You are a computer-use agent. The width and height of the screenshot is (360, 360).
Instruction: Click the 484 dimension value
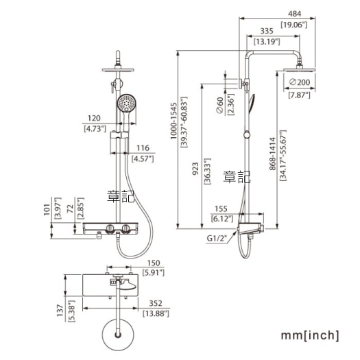[294, 14]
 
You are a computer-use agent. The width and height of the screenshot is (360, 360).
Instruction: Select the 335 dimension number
[267, 31]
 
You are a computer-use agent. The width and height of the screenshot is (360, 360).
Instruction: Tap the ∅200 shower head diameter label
[300, 82]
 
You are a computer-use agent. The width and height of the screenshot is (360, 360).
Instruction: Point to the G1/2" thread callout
[217, 238]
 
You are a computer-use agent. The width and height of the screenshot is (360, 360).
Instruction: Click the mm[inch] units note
[310, 335]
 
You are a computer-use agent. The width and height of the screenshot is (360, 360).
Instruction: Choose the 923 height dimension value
[195, 169]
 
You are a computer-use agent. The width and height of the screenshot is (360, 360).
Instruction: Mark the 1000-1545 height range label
[173, 121]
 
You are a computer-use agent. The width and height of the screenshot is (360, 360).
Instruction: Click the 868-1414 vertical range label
[272, 154]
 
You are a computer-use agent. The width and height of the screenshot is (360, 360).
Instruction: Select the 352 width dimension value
[156, 303]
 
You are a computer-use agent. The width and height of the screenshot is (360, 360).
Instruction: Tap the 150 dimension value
[154, 263]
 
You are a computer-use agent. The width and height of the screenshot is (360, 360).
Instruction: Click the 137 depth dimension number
[60, 311]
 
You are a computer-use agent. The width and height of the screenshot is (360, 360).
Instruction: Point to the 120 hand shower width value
[94, 118]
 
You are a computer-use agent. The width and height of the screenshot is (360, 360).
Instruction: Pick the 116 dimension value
[143, 148]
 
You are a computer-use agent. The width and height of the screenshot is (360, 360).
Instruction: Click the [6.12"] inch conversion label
[221, 219]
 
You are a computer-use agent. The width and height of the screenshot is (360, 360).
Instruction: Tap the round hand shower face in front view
[127, 103]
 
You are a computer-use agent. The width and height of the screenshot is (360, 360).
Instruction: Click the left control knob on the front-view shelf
[110, 228]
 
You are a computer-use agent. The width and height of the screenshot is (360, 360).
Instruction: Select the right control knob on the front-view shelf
[125, 228]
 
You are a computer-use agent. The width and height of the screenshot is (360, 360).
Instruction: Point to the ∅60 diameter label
[219, 105]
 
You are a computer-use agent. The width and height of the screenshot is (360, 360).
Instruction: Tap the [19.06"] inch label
[294, 25]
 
